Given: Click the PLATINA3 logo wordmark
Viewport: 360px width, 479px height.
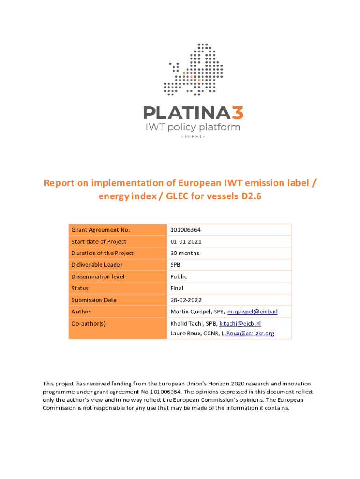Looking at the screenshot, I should pyautogui.click(x=193, y=113).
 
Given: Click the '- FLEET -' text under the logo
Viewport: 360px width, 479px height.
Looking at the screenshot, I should pyautogui.click(x=193, y=137).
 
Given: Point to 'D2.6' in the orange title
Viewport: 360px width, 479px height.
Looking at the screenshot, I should pyautogui.click(x=251, y=196).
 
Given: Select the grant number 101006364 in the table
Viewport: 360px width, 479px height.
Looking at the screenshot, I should pyautogui.click(x=186, y=230).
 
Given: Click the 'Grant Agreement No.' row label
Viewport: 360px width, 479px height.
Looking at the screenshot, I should pyautogui.click(x=101, y=230).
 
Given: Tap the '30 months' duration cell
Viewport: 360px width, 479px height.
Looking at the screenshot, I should pyautogui.click(x=185, y=253).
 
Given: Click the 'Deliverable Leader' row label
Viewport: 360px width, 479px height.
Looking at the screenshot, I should pyautogui.click(x=97, y=265).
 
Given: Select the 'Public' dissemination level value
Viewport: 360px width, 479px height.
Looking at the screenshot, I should pyautogui.click(x=179, y=276).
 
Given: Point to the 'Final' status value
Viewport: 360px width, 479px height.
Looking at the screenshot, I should pyautogui.click(x=177, y=288).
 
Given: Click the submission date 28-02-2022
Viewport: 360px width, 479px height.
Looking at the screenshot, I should pyautogui.click(x=186, y=300).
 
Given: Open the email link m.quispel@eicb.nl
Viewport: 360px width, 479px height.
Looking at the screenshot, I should pyautogui.click(x=252, y=312).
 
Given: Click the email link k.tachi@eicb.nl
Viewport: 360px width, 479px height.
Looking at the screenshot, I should pyautogui.click(x=240, y=323).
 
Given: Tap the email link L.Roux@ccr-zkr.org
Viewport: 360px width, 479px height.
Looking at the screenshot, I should pyautogui.click(x=248, y=333).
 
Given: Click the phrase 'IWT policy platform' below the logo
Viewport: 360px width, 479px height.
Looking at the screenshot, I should pyautogui.click(x=193, y=127).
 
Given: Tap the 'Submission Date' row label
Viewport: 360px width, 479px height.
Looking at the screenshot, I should pyautogui.click(x=94, y=300).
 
